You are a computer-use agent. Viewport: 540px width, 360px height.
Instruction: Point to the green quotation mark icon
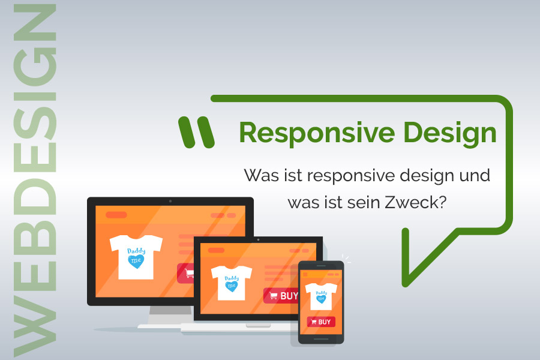pyautogui.click(x=196, y=132)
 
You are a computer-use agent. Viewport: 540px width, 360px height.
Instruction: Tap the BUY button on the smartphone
pyautogui.click(x=321, y=322)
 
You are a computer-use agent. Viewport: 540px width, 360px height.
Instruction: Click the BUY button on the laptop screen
pyautogui.click(x=281, y=295)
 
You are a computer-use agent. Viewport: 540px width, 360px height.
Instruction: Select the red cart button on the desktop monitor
pyautogui.click(x=185, y=273)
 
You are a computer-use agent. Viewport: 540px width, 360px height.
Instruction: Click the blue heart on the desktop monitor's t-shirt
pyautogui.click(x=136, y=261)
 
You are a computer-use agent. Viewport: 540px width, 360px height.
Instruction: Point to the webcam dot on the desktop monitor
pyautogui.click(x=170, y=201)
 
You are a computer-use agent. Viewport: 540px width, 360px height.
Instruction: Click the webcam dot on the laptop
pyautogui.click(x=258, y=240)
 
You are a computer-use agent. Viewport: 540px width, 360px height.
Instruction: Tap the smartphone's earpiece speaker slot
pyautogui.click(x=321, y=265)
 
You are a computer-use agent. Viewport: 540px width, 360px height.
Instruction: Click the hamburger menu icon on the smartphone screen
pyautogui.click(x=305, y=274)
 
